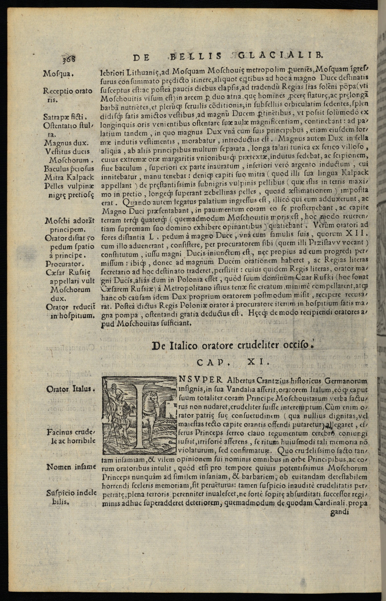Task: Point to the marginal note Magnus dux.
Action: (66, 143)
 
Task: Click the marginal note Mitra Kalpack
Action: (69, 177)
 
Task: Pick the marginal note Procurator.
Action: (63, 263)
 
